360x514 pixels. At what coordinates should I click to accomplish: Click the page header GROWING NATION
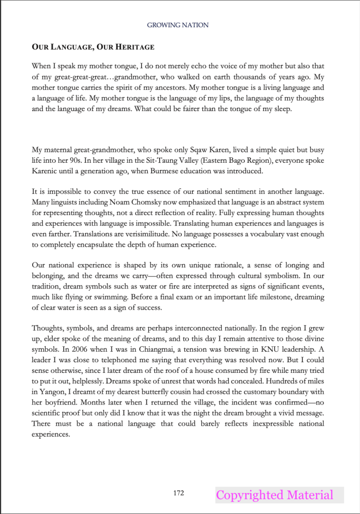point(178,25)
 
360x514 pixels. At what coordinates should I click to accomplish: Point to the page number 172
point(178,493)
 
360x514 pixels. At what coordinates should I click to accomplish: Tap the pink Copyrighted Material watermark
point(275,495)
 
